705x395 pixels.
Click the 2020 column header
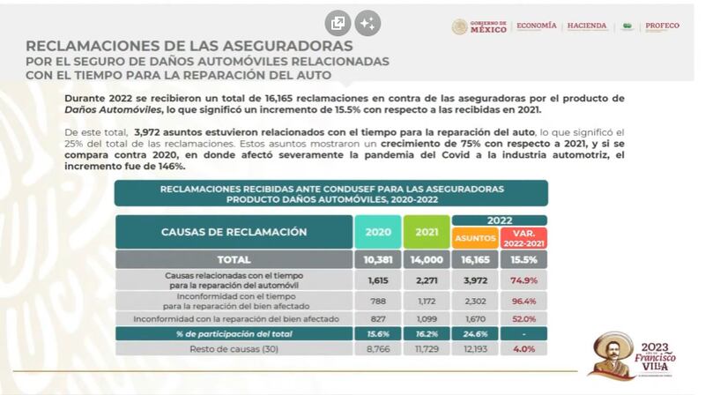pos(378,232)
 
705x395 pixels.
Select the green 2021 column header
pos(427,232)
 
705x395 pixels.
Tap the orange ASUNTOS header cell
pos(474,237)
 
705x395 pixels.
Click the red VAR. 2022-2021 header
pos(523,237)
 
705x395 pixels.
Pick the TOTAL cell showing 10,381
pos(378,260)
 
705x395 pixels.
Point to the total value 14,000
pos(427,260)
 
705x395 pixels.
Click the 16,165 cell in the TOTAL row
pos(474,260)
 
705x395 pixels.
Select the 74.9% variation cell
pos(523,279)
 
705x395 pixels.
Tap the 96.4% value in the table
pos(523,302)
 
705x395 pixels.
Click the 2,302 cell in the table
pos(474,302)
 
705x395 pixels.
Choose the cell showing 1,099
pos(427,317)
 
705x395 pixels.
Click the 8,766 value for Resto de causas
pos(378,348)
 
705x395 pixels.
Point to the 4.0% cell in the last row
pos(523,348)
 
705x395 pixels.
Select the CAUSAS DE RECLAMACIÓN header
pos(234,232)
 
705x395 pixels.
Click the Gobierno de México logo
pos(479,26)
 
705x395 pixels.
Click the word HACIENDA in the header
pos(587,26)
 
